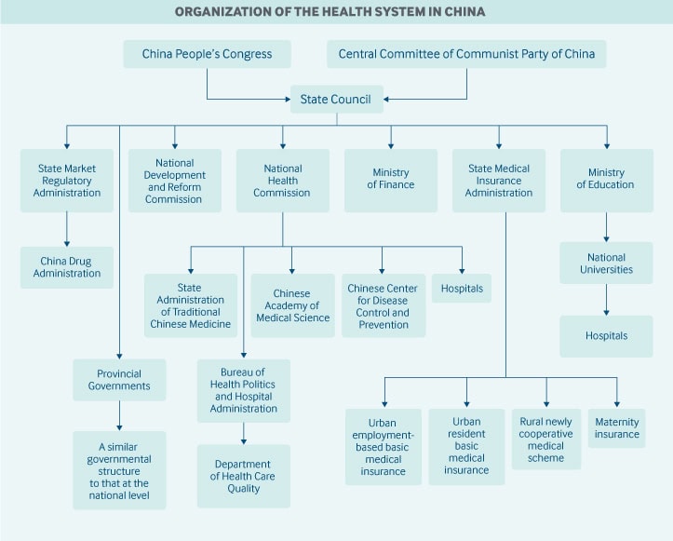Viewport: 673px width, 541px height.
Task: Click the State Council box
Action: (335, 100)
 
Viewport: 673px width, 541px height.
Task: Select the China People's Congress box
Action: (207, 54)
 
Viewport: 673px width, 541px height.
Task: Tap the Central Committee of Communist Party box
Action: (466, 54)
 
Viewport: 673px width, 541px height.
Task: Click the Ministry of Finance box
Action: (391, 180)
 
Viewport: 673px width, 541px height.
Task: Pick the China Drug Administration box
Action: (67, 267)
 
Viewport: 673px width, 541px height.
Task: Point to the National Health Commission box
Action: (282, 181)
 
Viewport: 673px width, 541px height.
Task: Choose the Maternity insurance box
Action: (616, 427)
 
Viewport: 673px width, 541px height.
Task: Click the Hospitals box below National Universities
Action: (606, 336)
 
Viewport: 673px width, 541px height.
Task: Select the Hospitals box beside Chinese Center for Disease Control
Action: (462, 289)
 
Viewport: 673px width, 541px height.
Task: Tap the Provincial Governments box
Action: (119, 380)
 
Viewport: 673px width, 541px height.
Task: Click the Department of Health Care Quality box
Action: (243, 476)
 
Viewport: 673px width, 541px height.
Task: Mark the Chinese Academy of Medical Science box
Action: (292, 305)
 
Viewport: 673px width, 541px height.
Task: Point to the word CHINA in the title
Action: (462, 13)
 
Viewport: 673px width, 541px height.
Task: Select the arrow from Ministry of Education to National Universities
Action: (606, 227)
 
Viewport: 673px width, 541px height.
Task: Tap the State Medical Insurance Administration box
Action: (498, 181)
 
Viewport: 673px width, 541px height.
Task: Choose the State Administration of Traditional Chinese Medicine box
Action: (189, 305)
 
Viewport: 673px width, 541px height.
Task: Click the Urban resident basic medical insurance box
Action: (466, 446)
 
